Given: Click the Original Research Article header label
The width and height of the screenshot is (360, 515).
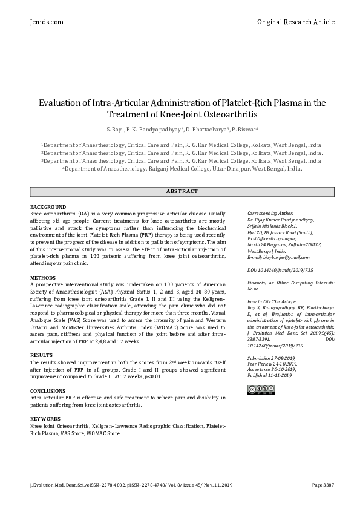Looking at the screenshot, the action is pyautogui.click(x=295, y=22).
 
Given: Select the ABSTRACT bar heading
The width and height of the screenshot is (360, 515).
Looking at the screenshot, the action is pyautogui.click(x=182, y=191).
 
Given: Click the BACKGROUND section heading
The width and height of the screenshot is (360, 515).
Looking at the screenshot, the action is pyautogui.click(x=48, y=207).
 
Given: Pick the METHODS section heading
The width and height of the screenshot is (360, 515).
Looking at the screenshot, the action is pyautogui.click(x=43, y=277).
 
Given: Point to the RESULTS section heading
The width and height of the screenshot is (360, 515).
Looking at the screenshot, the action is pyautogui.click(x=42, y=355).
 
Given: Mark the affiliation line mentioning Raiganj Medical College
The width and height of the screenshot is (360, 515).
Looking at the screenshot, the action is pyautogui.click(x=182, y=169).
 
